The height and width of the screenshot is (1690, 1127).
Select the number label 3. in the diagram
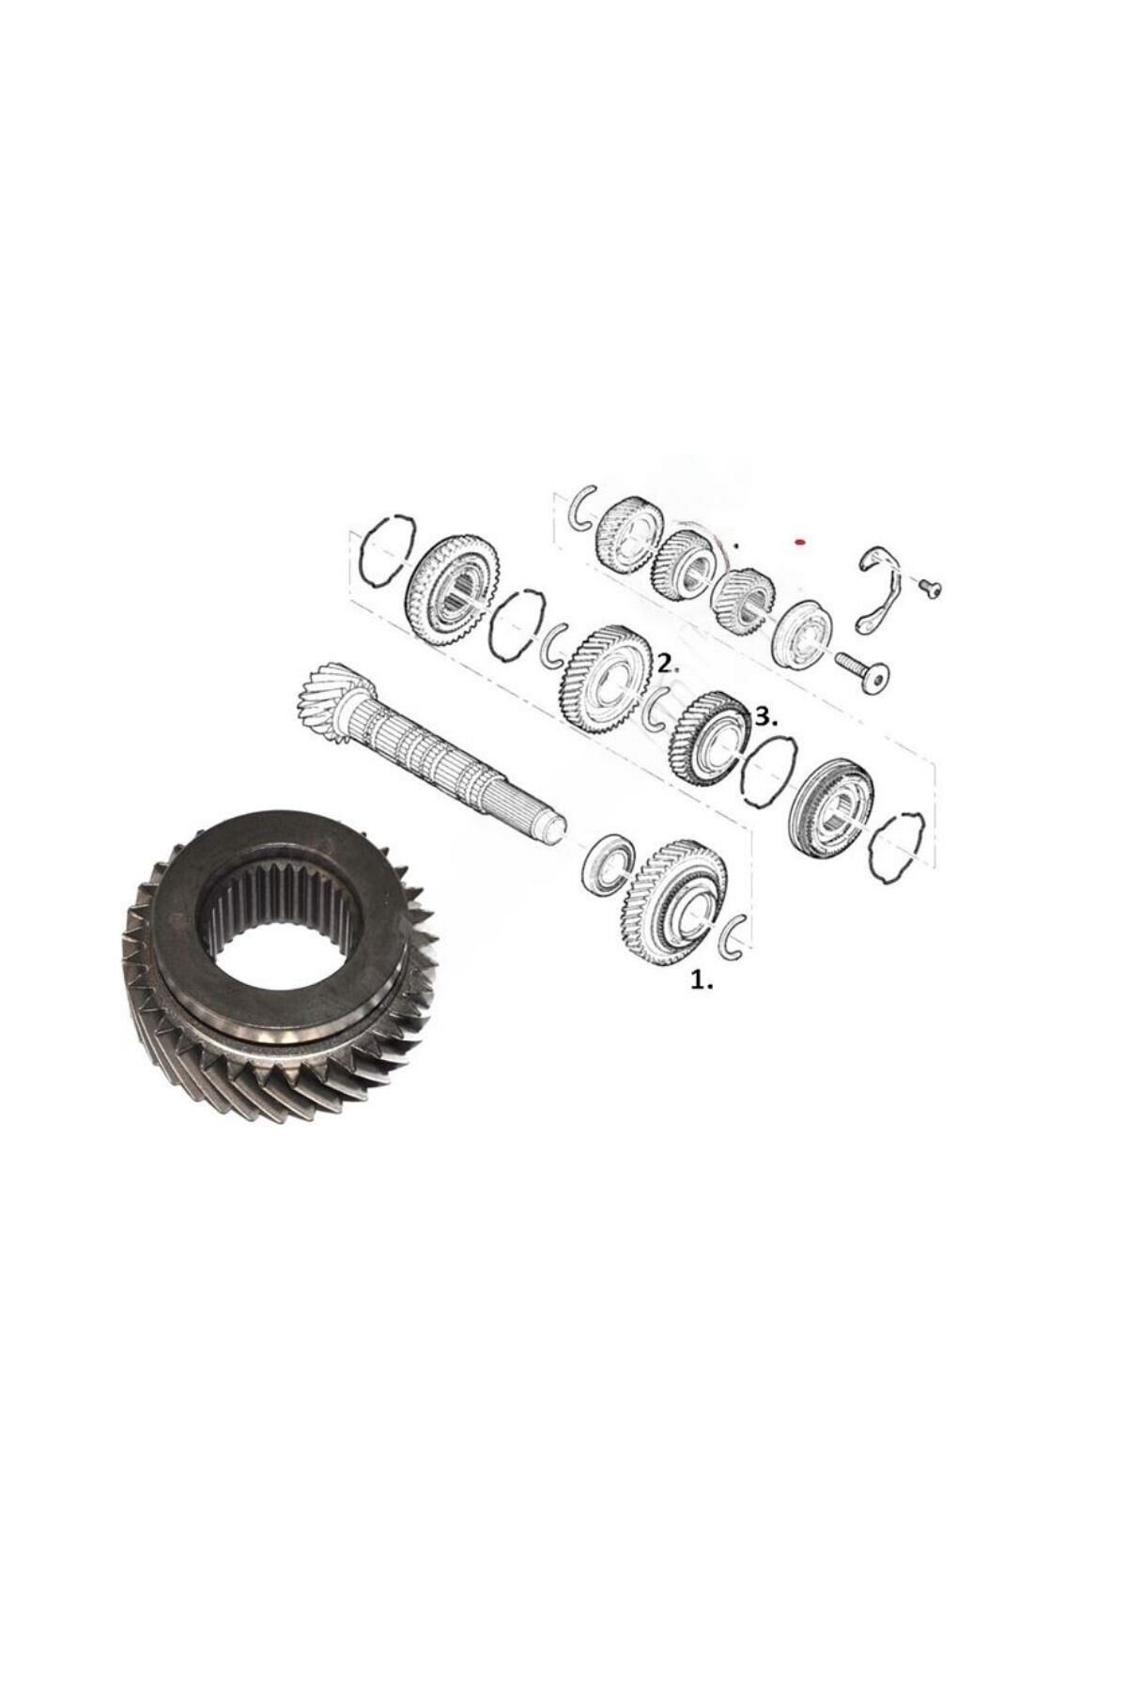[x=766, y=719]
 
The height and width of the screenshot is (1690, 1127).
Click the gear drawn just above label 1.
[x=675, y=907]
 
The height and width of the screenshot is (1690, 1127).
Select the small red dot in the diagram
[x=799, y=542]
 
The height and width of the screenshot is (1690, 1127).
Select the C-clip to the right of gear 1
[x=736, y=935]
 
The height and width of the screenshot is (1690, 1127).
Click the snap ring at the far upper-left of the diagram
[x=386, y=548]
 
